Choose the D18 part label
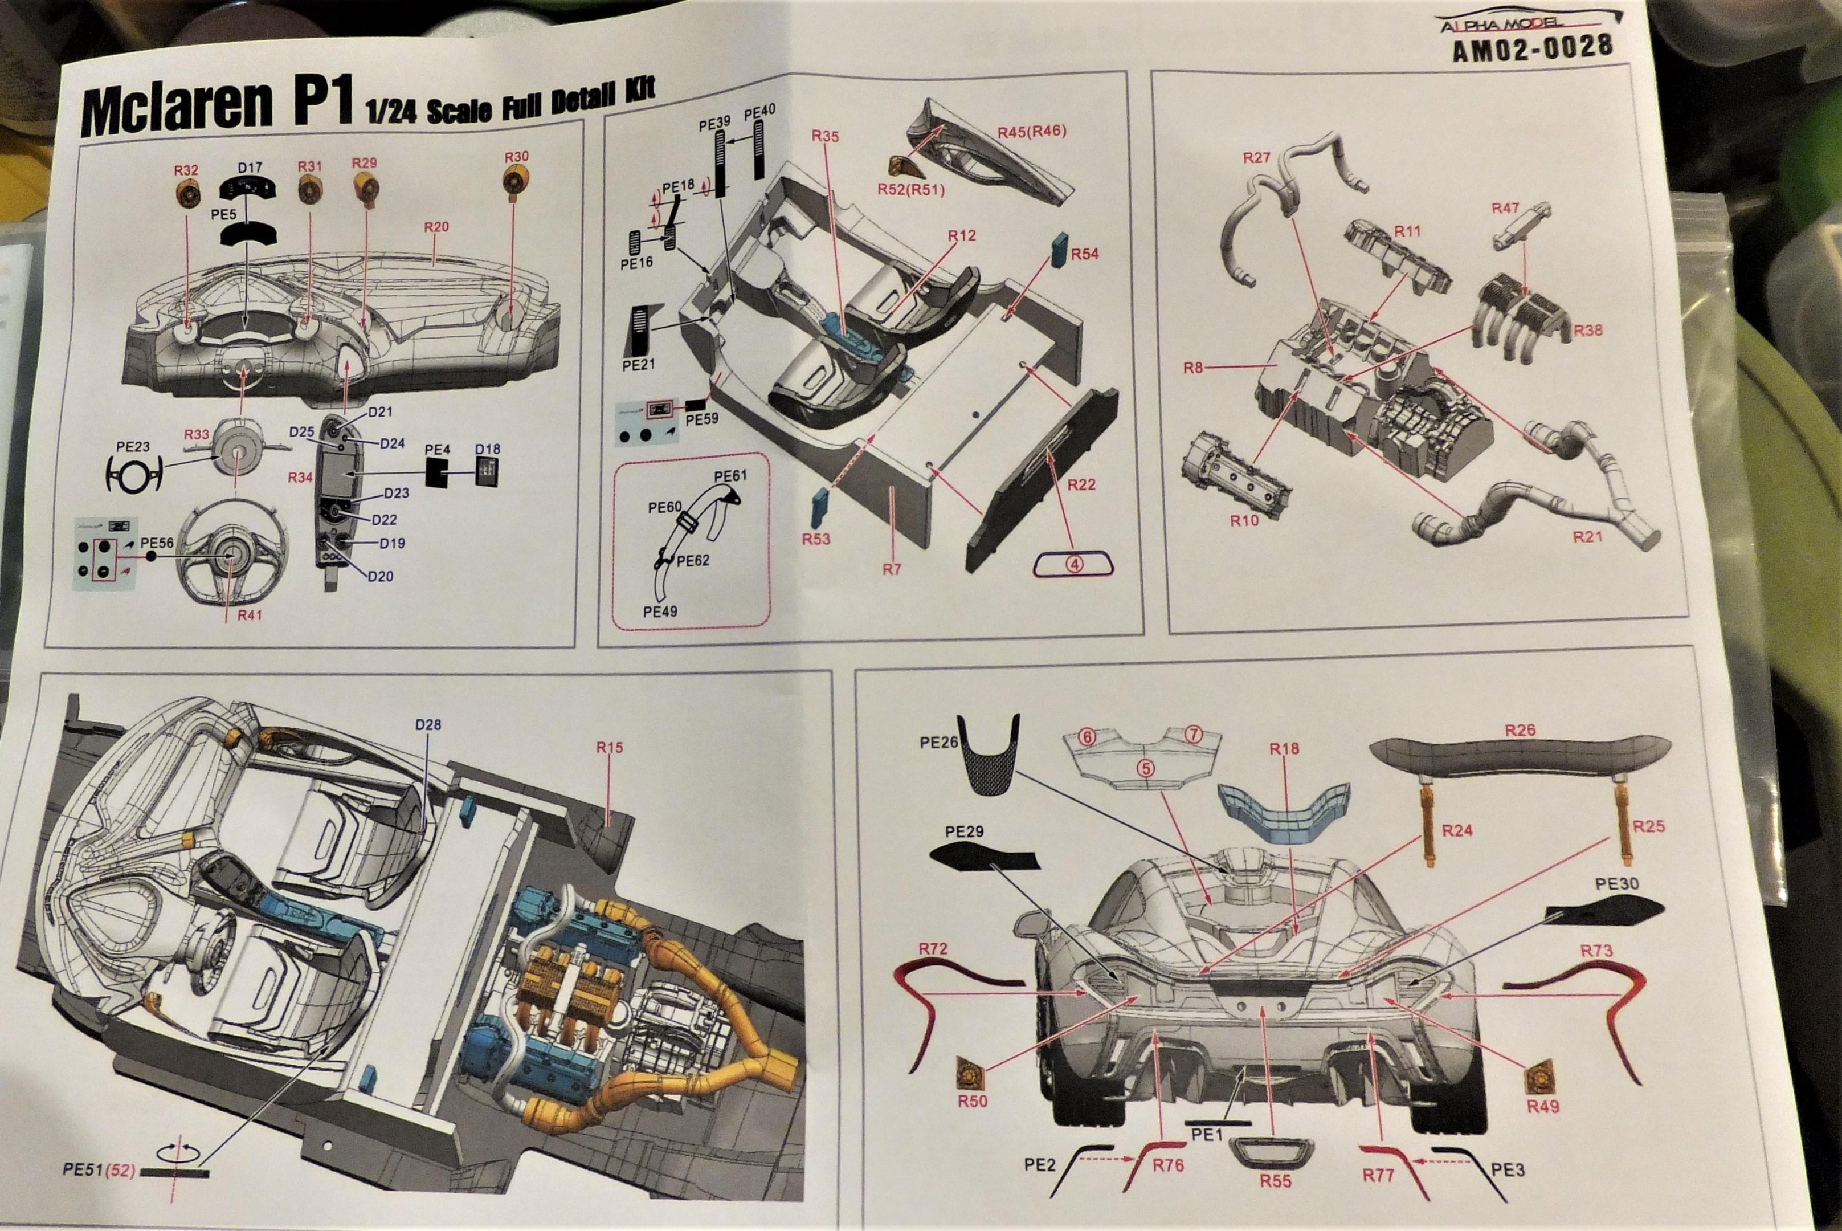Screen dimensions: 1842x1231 click(x=487, y=450)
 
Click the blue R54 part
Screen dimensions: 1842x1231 click(x=1059, y=250)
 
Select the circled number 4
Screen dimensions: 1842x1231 click(x=1073, y=564)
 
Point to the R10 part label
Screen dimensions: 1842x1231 click(x=1244, y=520)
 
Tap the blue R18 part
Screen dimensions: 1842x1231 click(x=1284, y=811)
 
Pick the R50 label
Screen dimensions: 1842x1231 click(x=973, y=1102)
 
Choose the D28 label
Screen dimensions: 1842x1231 click(x=428, y=724)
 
